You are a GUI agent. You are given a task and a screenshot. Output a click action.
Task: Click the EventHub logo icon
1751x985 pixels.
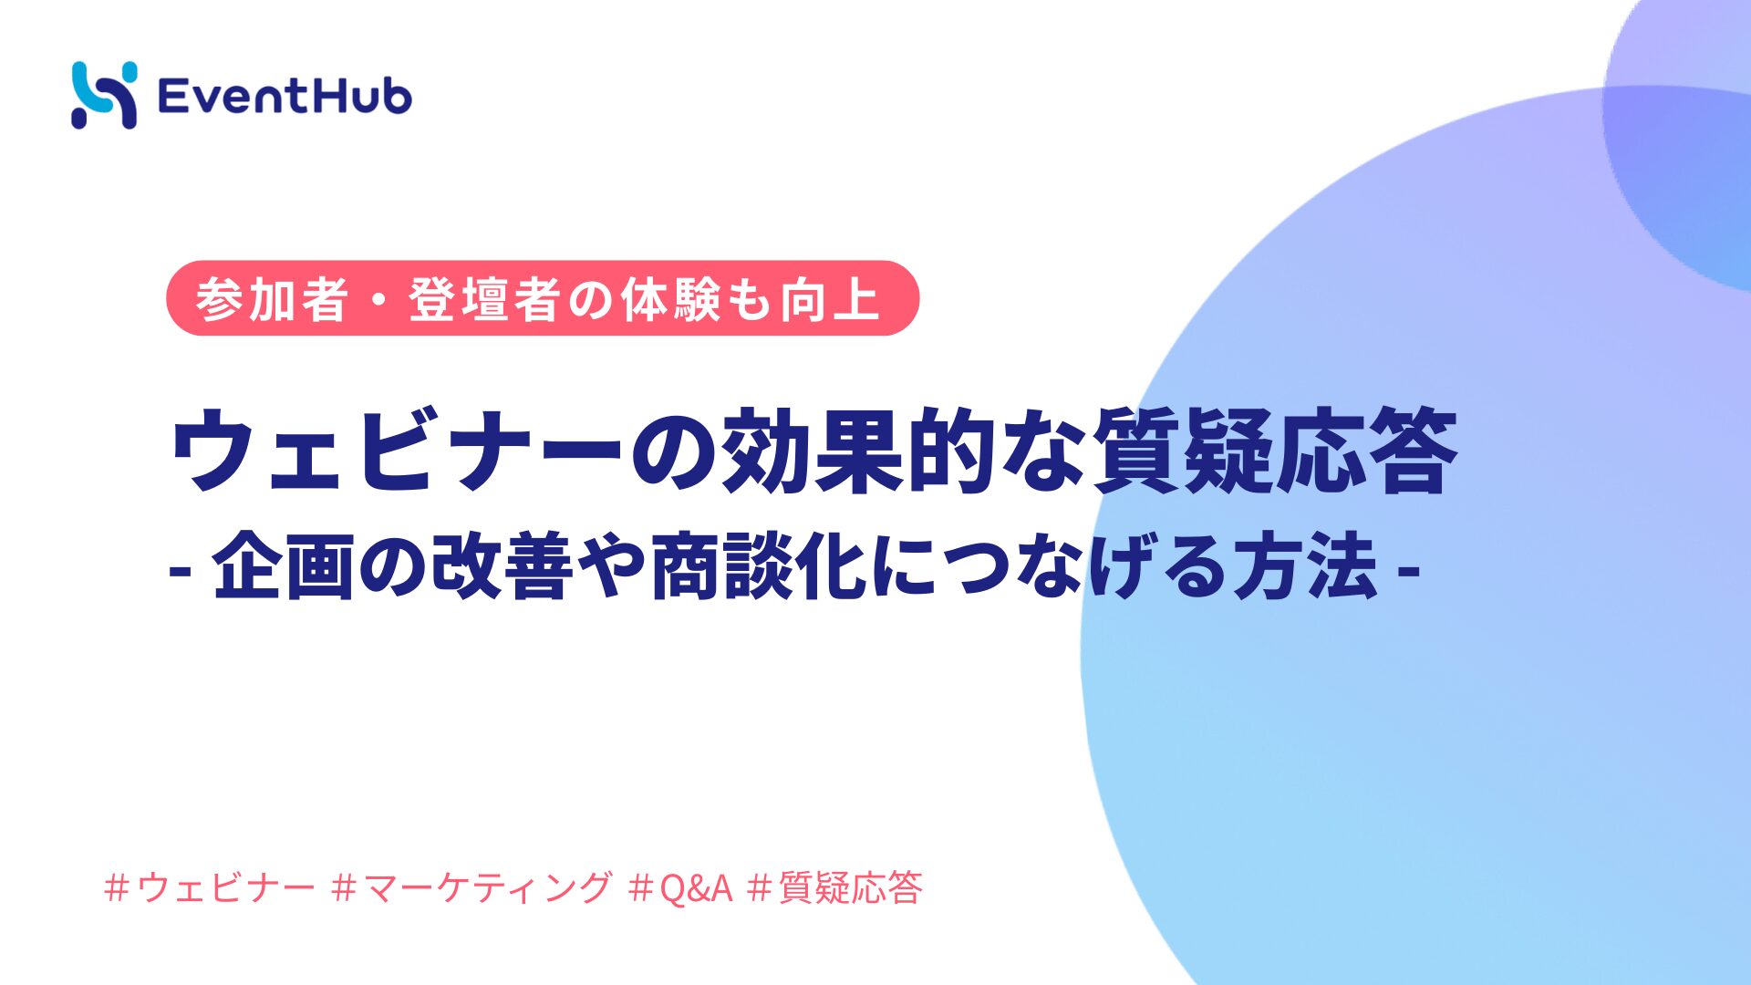(104, 95)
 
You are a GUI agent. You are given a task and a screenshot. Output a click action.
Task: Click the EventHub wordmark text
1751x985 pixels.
(285, 96)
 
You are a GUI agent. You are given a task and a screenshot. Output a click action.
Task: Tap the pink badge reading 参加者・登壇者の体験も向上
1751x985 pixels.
(543, 298)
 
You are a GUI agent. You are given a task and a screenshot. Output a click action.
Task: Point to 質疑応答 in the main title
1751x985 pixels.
(1274, 450)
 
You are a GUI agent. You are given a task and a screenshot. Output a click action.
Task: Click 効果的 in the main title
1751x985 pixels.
(857, 450)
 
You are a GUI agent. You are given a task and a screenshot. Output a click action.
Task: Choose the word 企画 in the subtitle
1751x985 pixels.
(283, 565)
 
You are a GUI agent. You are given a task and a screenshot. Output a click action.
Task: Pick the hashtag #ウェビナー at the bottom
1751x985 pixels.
(211, 887)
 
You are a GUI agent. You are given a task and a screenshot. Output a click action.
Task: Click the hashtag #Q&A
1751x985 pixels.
(681, 887)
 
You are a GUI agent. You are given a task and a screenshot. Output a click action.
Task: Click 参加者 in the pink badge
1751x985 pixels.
(272, 299)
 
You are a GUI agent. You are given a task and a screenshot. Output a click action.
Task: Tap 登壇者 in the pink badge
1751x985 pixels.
(484, 299)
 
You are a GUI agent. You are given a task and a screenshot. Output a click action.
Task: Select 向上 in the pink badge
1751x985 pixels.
(829, 299)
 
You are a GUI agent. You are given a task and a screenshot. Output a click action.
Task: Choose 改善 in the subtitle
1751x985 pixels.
(503, 565)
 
